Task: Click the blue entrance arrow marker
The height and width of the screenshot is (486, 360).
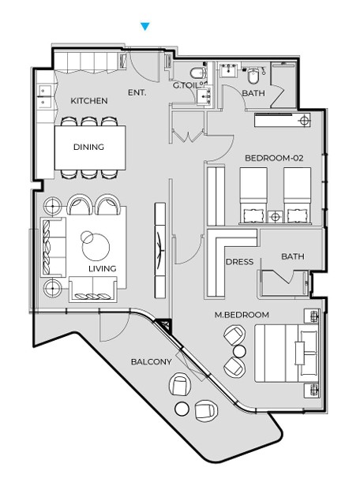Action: (x=144, y=26)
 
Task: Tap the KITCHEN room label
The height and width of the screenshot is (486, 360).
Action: (x=89, y=101)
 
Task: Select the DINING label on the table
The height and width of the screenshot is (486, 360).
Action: (x=88, y=147)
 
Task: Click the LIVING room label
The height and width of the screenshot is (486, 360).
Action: (x=103, y=268)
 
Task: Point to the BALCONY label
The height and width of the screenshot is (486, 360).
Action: (x=152, y=361)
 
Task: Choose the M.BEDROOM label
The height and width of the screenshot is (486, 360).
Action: (x=242, y=315)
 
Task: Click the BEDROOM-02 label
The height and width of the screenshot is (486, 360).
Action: (x=274, y=158)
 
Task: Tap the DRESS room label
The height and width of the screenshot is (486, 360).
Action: (x=239, y=262)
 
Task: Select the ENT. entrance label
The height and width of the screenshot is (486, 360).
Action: (x=137, y=92)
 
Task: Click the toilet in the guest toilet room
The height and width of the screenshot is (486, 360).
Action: (x=198, y=73)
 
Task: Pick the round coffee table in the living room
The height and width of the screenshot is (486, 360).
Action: (x=96, y=246)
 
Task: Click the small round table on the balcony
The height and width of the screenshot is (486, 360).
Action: (x=182, y=409)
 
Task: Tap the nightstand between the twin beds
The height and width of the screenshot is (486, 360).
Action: (x=276, y=217)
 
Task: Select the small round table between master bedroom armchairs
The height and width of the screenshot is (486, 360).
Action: (x=239, y=351)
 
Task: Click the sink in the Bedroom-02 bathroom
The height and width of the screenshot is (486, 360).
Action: (x=230, y=70)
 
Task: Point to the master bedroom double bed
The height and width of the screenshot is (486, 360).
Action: (x=287, y=353)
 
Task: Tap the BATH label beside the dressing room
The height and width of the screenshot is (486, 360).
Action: (x=293, y=256)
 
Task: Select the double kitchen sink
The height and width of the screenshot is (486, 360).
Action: (x=45, y=95)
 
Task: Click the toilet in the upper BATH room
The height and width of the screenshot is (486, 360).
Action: (x=253, y=75)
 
